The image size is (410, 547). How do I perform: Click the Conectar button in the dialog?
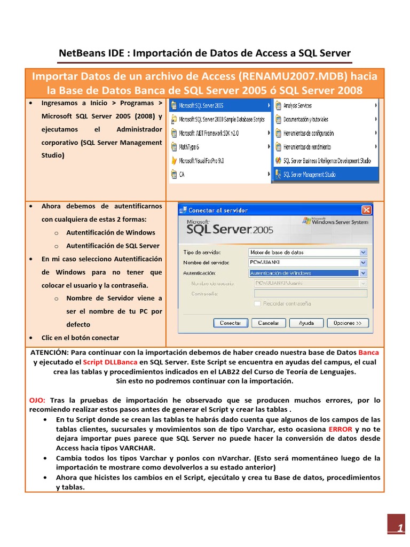[x=230, y=323]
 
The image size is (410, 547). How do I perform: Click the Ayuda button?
[x=306, y=323]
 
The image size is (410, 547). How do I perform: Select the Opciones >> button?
[x=347, y=323]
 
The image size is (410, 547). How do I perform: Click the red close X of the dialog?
[x=366, y=210]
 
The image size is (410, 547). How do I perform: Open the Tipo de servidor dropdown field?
[x=307, y=252]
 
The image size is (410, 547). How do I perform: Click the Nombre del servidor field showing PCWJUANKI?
[x=307, y=262]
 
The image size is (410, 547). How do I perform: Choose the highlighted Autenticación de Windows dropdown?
[x=307, y=273]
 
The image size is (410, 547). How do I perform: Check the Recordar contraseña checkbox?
[x=258, y=303]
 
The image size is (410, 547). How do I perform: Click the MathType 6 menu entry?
[x=189, y=147]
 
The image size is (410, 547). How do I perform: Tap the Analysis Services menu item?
[x=297, y=106]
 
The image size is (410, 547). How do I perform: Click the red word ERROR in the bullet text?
[x=340, y=429]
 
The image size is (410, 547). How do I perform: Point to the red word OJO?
[x=36, y=400]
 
